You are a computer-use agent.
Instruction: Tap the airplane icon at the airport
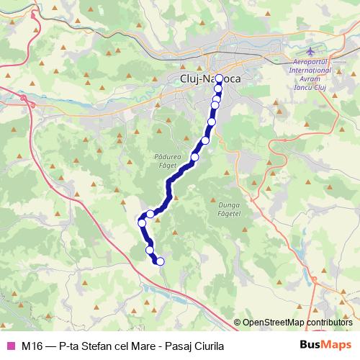[310, 53]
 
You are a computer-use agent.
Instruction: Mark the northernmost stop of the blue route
[219, 78]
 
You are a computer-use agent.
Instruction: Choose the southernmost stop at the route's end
[160, 261]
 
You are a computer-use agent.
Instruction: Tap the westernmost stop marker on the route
[142, 223]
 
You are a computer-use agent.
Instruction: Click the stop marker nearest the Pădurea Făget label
[194, 157]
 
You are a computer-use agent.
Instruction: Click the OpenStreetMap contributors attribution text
[297, 323]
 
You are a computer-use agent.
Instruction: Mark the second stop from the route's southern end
[150, 251]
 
